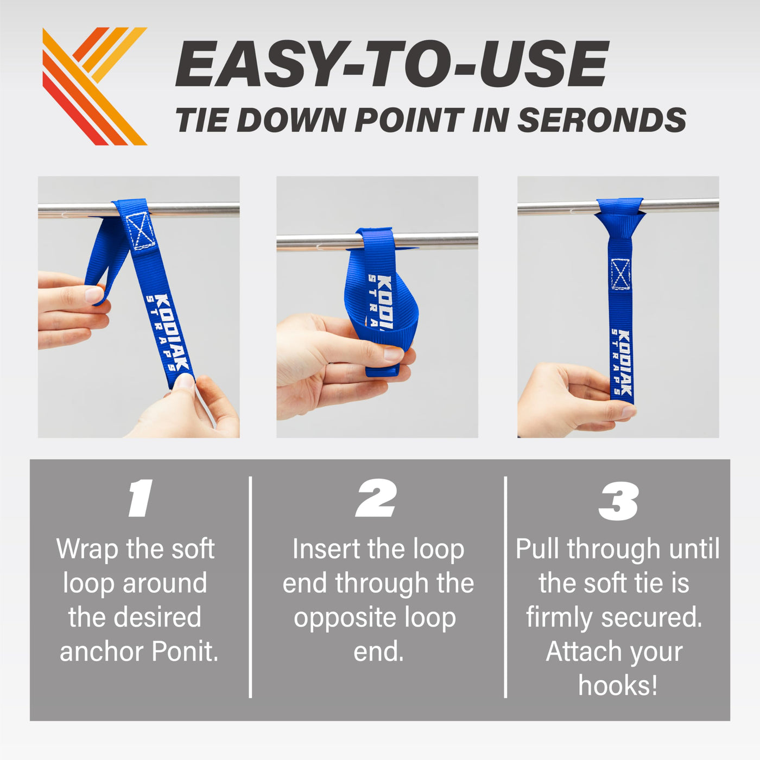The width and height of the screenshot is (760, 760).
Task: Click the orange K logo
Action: (94, 86)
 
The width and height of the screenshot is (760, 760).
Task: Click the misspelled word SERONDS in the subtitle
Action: (602, 120)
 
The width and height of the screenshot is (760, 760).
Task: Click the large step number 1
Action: (141, 498)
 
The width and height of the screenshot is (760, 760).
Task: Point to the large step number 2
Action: (376, 498)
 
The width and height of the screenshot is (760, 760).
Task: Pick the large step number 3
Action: (618, 501)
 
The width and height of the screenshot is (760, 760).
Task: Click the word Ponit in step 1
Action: (185, 651)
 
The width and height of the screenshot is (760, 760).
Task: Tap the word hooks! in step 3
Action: (618, 686)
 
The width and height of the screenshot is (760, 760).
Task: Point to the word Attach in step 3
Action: (582, 651)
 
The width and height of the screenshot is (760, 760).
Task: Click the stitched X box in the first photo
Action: (141, 231)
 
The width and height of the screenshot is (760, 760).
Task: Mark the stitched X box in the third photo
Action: (620, 274)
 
